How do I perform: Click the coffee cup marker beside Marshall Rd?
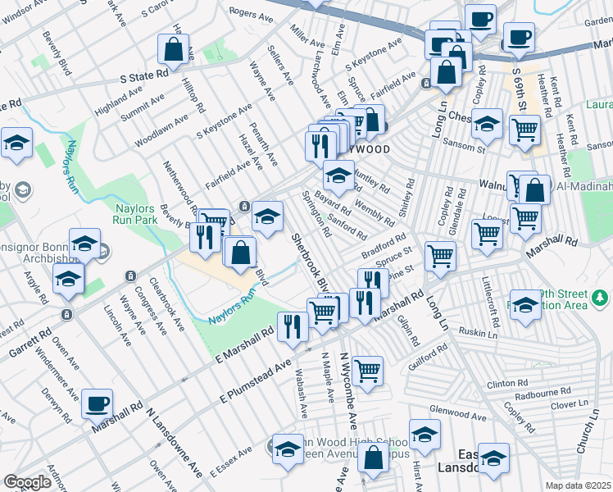98,403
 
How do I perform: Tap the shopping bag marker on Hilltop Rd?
174,49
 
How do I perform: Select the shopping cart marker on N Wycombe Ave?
367,371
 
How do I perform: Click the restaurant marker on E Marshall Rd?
293,326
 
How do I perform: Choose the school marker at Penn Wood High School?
288,448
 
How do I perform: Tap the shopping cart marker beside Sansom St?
524,129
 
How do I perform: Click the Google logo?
27,482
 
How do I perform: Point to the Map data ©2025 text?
579,485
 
